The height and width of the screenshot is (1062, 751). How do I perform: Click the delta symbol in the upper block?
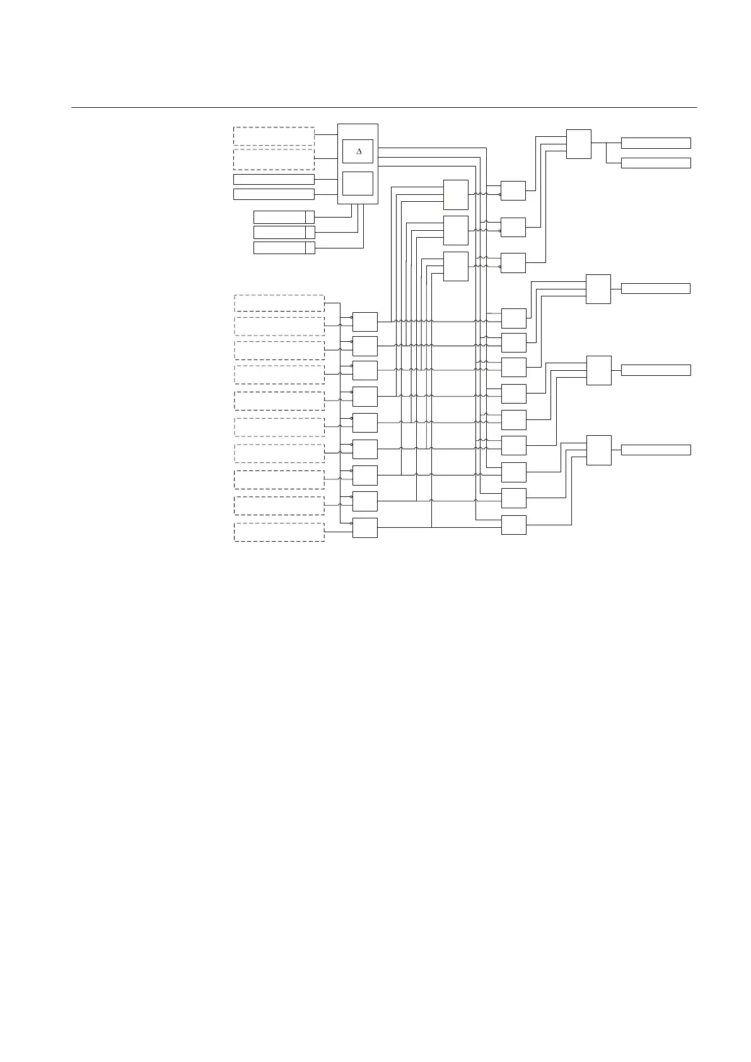click(x=359, y=151)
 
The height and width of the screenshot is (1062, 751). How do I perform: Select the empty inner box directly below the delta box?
click(x=358, y=184)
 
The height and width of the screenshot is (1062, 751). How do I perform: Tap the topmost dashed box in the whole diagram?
click(x=274, y=136)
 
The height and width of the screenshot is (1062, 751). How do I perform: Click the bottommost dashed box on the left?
click(x=279, y=532)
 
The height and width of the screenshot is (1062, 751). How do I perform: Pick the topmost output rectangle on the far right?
click(x=656, y=143)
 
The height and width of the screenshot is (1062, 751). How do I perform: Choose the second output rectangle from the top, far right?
click(x=656, y=163)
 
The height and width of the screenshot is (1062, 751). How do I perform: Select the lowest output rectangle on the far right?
click(x=656, y=450)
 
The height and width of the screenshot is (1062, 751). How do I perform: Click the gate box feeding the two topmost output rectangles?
click(x=578, y=144)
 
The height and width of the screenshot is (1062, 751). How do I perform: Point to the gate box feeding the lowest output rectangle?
click(x=598, y=450)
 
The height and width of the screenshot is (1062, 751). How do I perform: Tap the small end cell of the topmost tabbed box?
click(x=310, y=217)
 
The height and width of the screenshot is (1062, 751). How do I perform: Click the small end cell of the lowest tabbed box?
click(x=310, y=248)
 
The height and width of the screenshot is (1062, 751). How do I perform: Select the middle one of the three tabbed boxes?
click(x=284, y=232)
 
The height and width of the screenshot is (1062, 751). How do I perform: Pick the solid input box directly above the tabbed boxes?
click(x=274, y=194)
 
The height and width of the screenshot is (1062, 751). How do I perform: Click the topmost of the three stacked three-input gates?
click(x=455, y=194)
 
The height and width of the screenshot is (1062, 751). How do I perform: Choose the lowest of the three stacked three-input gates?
click(x=455, y=266)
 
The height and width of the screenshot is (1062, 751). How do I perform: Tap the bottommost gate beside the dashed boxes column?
click(x=364, y=528)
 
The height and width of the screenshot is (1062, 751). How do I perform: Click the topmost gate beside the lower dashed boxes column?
click(x=364, y=322)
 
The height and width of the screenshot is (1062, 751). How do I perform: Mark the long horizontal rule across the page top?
click(x=383, y=107)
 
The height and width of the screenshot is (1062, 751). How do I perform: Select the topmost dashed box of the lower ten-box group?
click(x=279, y=303)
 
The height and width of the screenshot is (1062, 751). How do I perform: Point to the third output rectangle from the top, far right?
click(x=655, y=288)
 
